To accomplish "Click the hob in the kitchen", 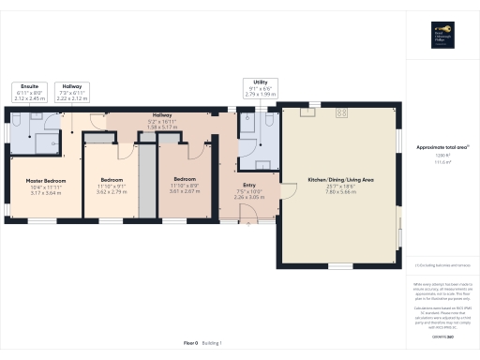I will (x=341, y=112).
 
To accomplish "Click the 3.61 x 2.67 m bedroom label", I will (x=184, y=184).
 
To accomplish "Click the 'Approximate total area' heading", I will (x=441, y=146).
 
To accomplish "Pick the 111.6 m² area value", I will (x=441, y=162).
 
